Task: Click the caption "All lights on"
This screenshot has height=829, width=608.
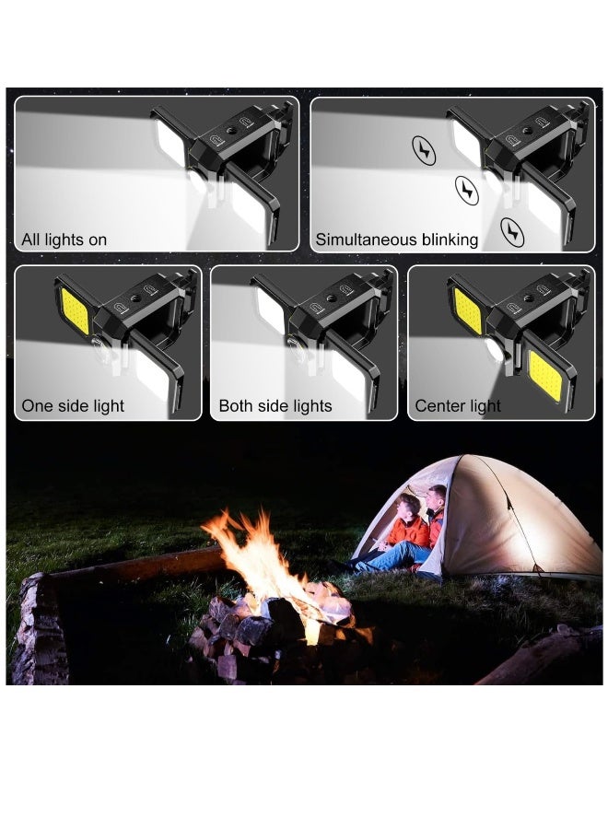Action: tap(64, 240)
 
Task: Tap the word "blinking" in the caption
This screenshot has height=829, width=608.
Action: tap(450, 240)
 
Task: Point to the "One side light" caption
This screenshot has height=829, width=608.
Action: tap(73, 406)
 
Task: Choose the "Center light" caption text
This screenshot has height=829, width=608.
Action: tap(458, 406)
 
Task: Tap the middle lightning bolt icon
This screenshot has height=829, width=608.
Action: tap(467, 190)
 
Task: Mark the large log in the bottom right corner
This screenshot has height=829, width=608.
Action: tap(544, 659)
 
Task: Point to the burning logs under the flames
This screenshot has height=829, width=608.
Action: tap(276, 626)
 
